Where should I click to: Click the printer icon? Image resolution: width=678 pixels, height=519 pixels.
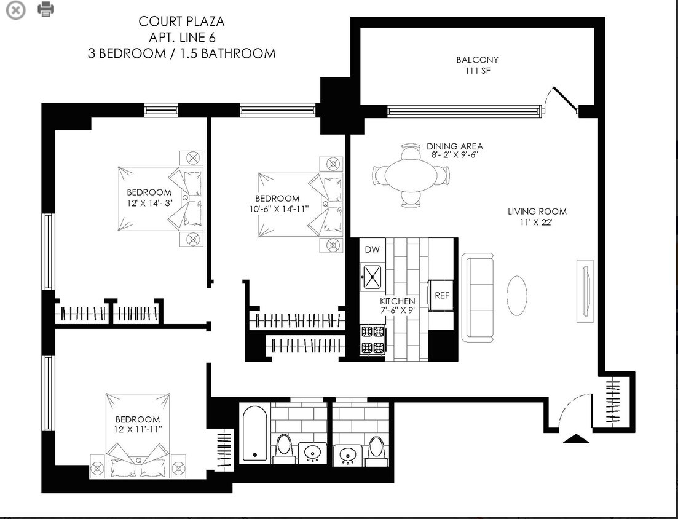click(46, 9)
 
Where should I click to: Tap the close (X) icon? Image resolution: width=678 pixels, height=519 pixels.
click(16, 10)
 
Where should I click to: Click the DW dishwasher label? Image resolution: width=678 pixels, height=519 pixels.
click(373, 249)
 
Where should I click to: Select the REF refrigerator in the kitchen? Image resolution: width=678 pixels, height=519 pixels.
click(441, 295)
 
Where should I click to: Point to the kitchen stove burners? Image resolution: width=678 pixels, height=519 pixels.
click(373, 340)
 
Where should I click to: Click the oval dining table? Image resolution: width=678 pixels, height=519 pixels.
click(410, 175)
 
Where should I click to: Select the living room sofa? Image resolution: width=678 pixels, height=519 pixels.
click(478, 297)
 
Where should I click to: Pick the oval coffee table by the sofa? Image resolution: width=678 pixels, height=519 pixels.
click(517, 296)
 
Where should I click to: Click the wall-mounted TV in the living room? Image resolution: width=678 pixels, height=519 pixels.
click(585, 291)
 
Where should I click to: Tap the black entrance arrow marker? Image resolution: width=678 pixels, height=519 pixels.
click(577, 438)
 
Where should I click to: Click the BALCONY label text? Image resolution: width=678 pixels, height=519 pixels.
click(478, 60)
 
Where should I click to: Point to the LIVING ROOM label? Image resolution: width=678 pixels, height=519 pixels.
click(537, 212)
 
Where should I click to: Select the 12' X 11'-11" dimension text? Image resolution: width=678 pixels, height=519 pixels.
click(138, 429)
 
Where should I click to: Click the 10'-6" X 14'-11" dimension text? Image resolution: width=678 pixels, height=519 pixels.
click(279, 209)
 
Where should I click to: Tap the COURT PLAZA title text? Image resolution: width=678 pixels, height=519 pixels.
click(181, 21)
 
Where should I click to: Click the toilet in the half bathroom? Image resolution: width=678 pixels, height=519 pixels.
click(375, 450)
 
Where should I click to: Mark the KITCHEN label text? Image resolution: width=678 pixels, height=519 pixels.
click(397, 301)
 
